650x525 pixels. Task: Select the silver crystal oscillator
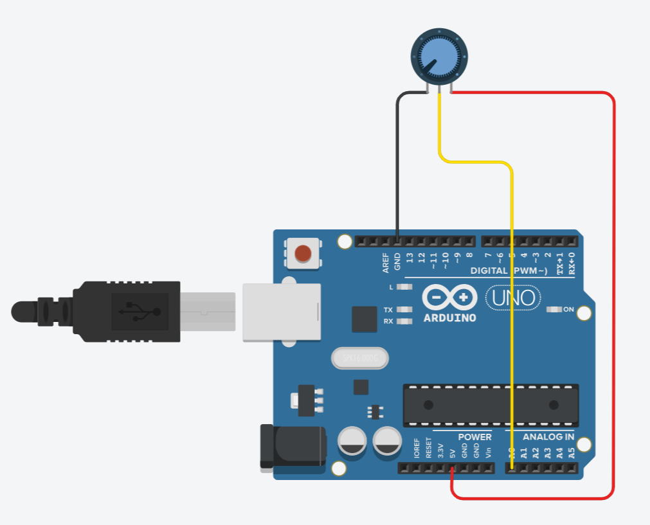360,358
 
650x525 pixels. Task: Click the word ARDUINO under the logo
449,317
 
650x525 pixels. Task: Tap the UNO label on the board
513,298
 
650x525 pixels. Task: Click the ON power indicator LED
554,310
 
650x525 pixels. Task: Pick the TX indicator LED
404,309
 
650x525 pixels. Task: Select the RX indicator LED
404,321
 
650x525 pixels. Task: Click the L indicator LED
404,287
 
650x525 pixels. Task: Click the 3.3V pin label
440,450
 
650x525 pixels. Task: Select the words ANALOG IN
548,437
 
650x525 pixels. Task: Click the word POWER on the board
474,437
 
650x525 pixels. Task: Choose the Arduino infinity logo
449,298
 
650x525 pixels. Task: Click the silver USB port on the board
281,312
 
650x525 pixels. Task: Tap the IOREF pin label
417,448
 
